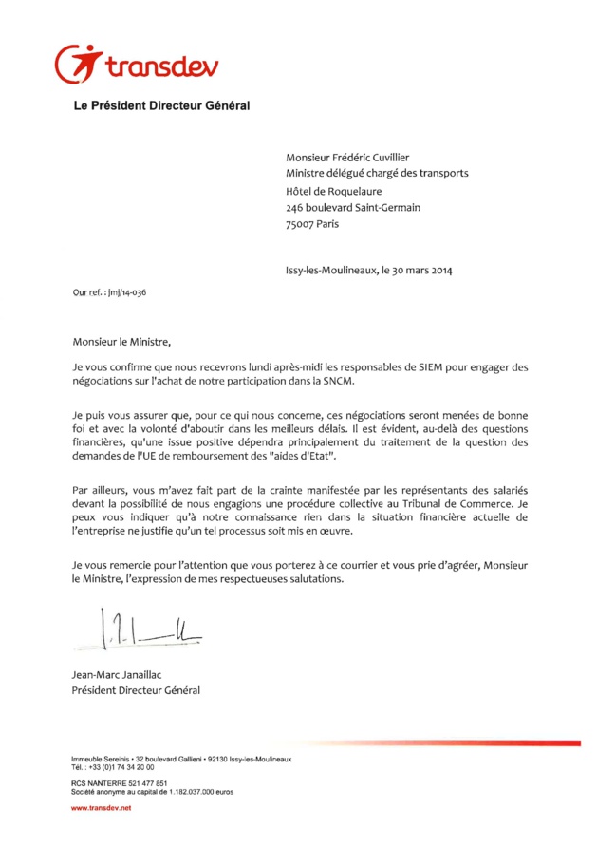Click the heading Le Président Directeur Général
(161, 106)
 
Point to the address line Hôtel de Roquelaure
(340, 190)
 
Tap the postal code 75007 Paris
(311, 224)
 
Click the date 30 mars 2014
(420, 269)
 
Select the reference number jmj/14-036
(124, 292)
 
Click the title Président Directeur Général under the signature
(136, 689)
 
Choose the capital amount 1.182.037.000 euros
(200, 790)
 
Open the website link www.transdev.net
(102, 807)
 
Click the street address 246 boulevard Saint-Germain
(353, 207)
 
